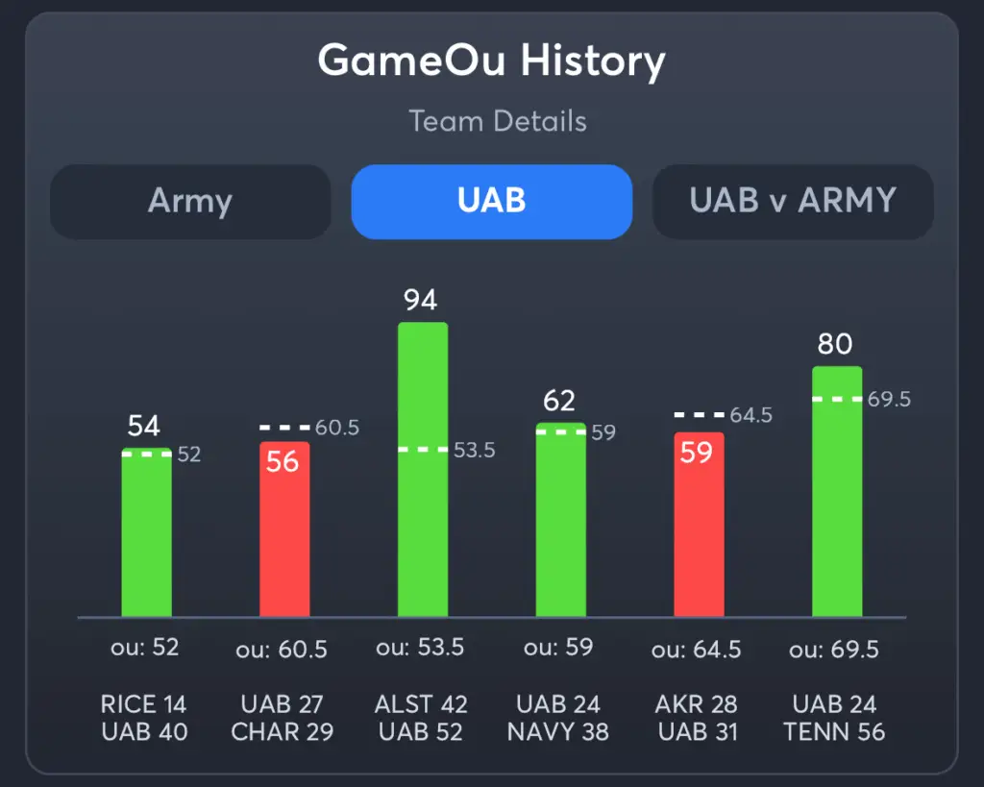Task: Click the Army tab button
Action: [190, 202]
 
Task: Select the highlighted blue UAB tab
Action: [491, 202]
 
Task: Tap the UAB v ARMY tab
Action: [793, 202]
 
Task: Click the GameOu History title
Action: [491, 62]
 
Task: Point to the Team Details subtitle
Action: [497, 122]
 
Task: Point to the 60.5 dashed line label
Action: [336, 428]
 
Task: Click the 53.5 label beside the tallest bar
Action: [473, 450]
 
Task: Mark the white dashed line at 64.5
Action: [699, 415]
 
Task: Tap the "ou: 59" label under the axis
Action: [558, 648]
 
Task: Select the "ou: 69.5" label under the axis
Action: [834, 651]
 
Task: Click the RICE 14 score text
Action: [143, 704]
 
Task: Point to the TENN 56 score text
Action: [834, 732]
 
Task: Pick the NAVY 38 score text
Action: [558, 732]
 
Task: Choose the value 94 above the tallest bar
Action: [421, 300]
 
